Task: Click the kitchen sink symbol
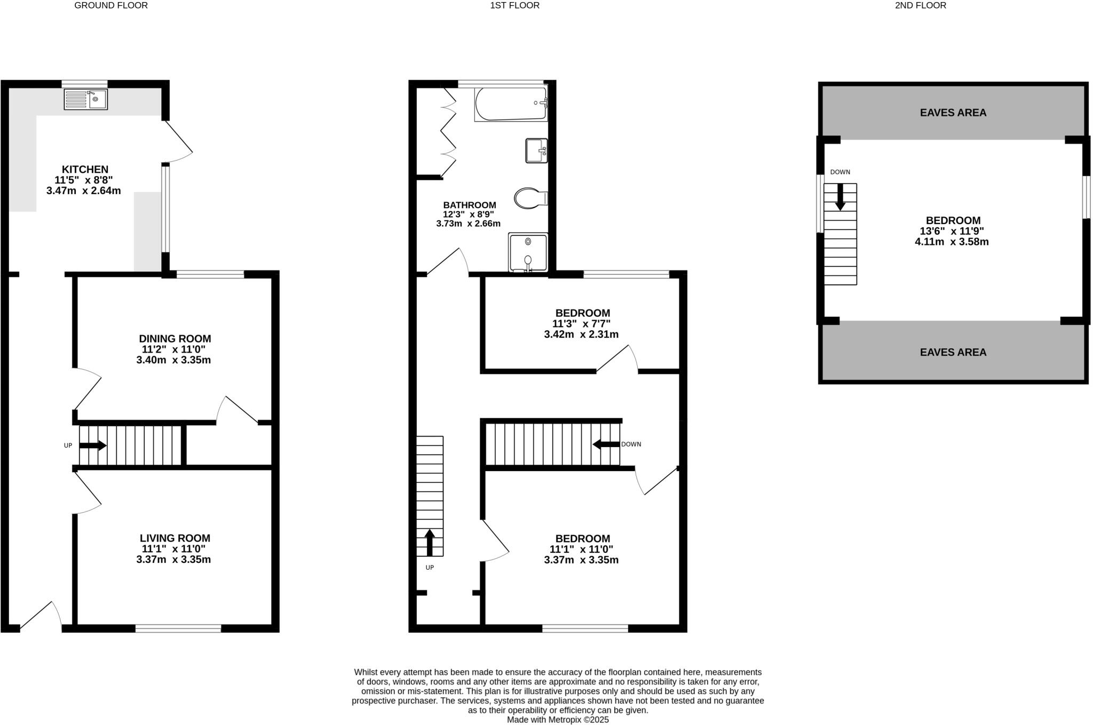tap(85, 99)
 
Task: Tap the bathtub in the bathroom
tap(511, 104)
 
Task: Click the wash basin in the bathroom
tap(536, 150)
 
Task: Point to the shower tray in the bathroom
tap(527, 252)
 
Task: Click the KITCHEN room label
tap(85, 169)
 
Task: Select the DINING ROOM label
tap(175, 339)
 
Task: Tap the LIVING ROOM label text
tap(175, 538)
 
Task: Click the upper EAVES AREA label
tap(953, 113)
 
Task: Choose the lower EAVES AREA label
tap(953, 352)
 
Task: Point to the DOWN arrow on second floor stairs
tap(840, 197)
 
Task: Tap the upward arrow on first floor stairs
tap(430, 542)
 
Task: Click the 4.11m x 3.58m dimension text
tap(952, 242)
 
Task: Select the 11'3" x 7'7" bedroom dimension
tap(581, 324)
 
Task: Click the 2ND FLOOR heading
tap(921, 5)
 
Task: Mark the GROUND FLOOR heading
tap(111, 5)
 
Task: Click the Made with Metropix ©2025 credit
tap(558, 720)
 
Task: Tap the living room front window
tap(178, 629)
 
